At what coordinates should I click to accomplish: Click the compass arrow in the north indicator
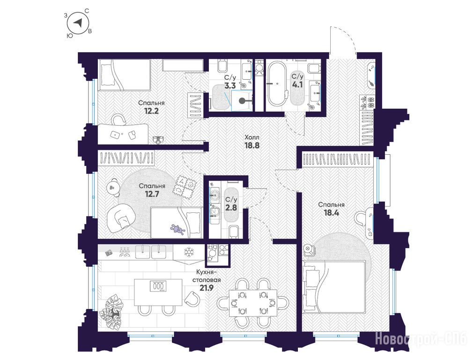click(x=79, y=23)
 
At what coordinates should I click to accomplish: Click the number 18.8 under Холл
click(x=252, y=145)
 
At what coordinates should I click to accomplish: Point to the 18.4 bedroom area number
click(x=331, y=213)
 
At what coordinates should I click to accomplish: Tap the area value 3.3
click(x=230, y=86)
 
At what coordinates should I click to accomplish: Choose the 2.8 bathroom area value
click(x=231, y=208)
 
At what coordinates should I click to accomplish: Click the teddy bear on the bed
click(x=178, y=229)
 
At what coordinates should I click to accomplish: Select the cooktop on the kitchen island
click(x=158, y=286)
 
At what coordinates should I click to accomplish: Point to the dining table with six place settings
click(x=253, y=303)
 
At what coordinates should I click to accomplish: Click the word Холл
click(x=252, y=137)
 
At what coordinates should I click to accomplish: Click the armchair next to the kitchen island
click(x=192, y=298)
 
